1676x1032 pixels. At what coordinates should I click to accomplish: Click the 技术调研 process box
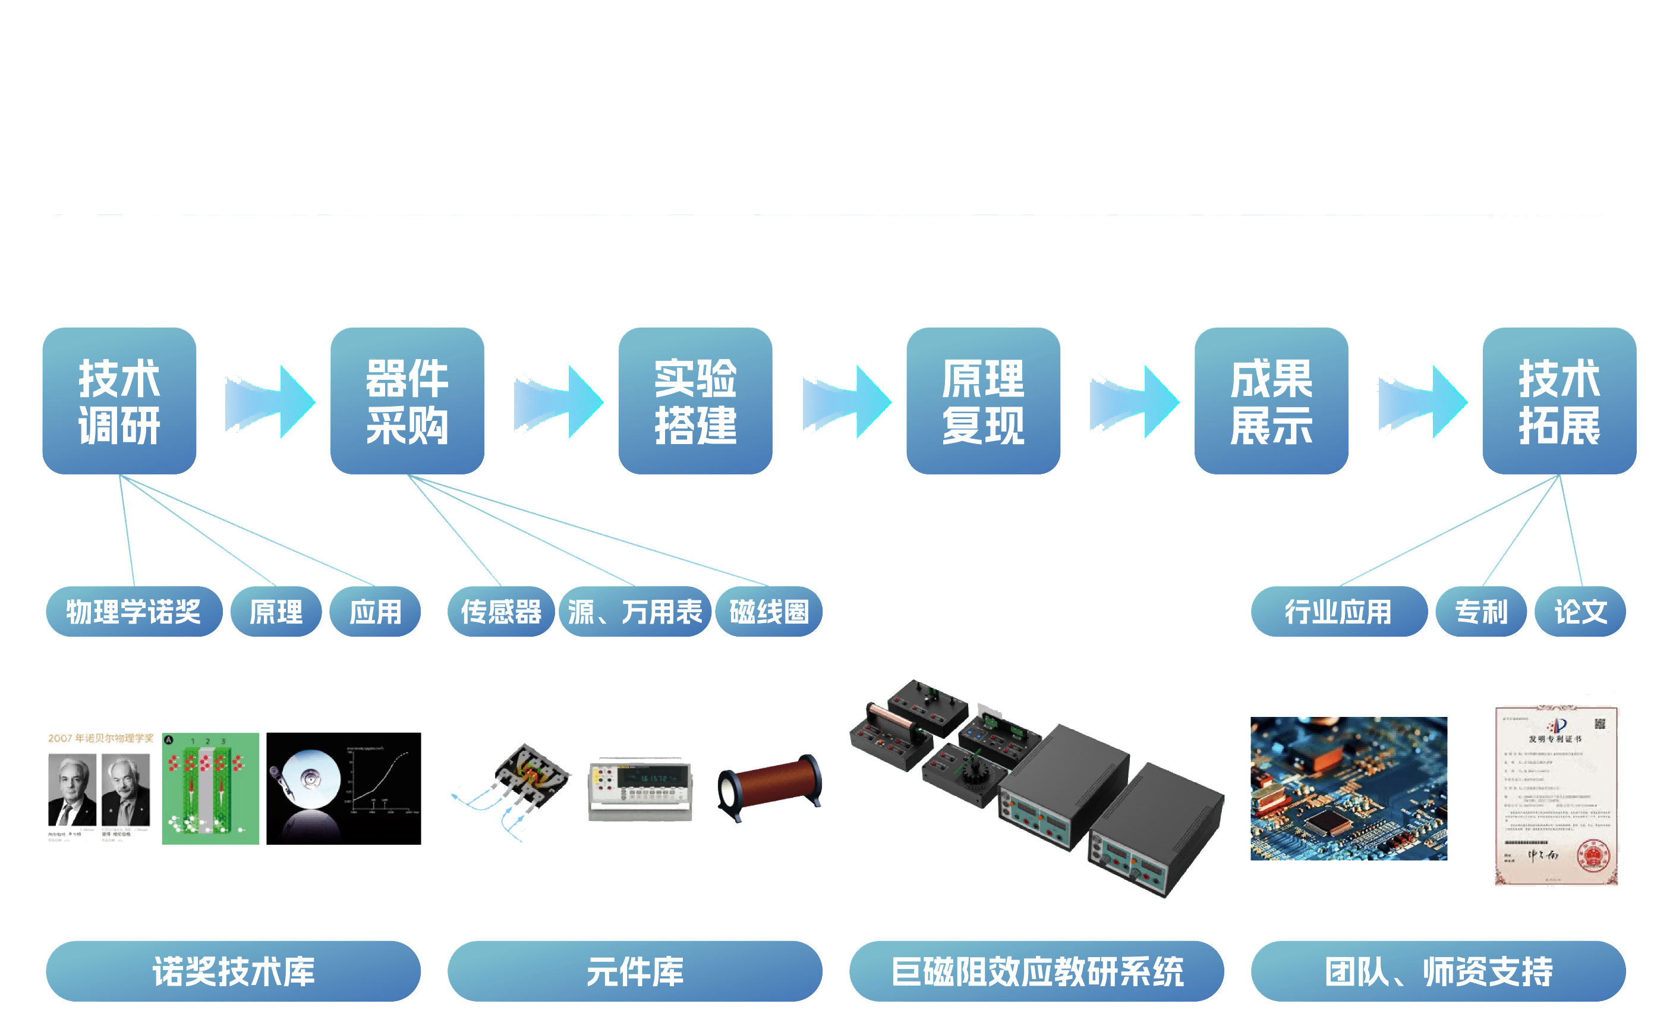pos(119,401)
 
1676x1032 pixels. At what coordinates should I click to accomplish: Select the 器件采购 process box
pos(407,401)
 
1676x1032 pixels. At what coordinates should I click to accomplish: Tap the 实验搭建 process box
pos(695,401)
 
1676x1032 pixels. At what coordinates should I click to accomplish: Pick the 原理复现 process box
pos(984,401)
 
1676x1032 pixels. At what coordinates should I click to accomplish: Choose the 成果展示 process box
pos(1271,401)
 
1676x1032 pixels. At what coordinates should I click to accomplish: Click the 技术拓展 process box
pos(1560,401)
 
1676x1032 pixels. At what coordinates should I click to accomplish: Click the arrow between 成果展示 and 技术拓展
pos(1422,401)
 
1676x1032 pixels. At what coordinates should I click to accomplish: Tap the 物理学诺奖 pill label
pos(134,612)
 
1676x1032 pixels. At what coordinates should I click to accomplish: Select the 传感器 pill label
pos(501,612)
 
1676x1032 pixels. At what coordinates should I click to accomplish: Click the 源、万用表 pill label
pos(635,612)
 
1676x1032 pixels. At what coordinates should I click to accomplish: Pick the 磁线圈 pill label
pos(769,612)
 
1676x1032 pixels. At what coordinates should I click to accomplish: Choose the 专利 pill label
pos(1481,612)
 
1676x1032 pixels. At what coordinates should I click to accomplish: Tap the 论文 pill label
pos(1580,612)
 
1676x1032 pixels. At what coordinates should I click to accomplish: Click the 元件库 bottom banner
pos(635,971)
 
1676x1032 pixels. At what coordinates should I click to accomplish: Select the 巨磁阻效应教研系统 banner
pos(1037,971)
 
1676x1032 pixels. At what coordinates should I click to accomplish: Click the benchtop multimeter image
pos(640,788)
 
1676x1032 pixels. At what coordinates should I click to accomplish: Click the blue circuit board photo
pos(1349,788)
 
